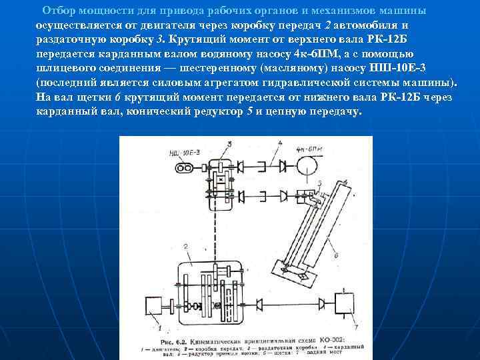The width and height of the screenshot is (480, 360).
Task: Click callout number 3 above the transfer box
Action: tap(229, 143)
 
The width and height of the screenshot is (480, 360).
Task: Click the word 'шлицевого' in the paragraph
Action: tap(63, 68)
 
